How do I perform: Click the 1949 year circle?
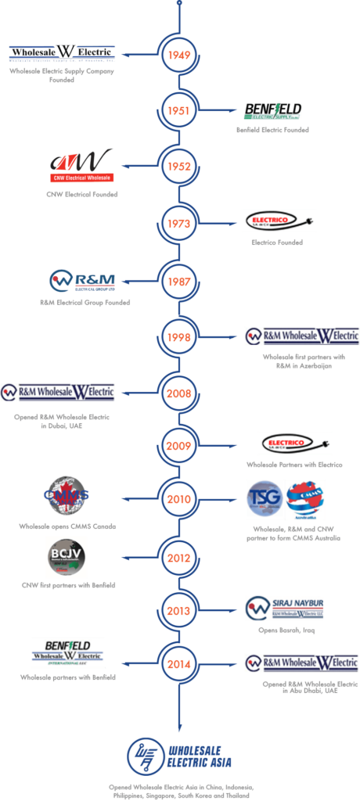tap(179, 56)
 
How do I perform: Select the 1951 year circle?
tap(179, 111)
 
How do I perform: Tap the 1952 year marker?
tap(179, 166)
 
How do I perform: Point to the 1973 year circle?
tap(179, 224)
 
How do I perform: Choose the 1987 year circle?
tap(179, 280)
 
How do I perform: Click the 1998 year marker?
tap(179, 336)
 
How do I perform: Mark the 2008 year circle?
tap(179, 393)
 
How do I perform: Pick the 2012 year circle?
tap(179, 559)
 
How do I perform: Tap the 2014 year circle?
tap(179, 663)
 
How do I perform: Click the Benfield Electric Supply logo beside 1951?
tap(272, 110)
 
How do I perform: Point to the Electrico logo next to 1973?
tap(279, 221)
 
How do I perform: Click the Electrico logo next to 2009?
tap(295, 444)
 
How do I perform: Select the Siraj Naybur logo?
tap(284, 608)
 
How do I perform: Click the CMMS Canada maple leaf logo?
tap(66, 497)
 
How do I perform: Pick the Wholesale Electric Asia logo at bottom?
tap(179, 756)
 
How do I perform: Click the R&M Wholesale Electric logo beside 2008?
tap(58, 392)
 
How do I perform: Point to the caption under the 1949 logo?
tap(63, 74)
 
